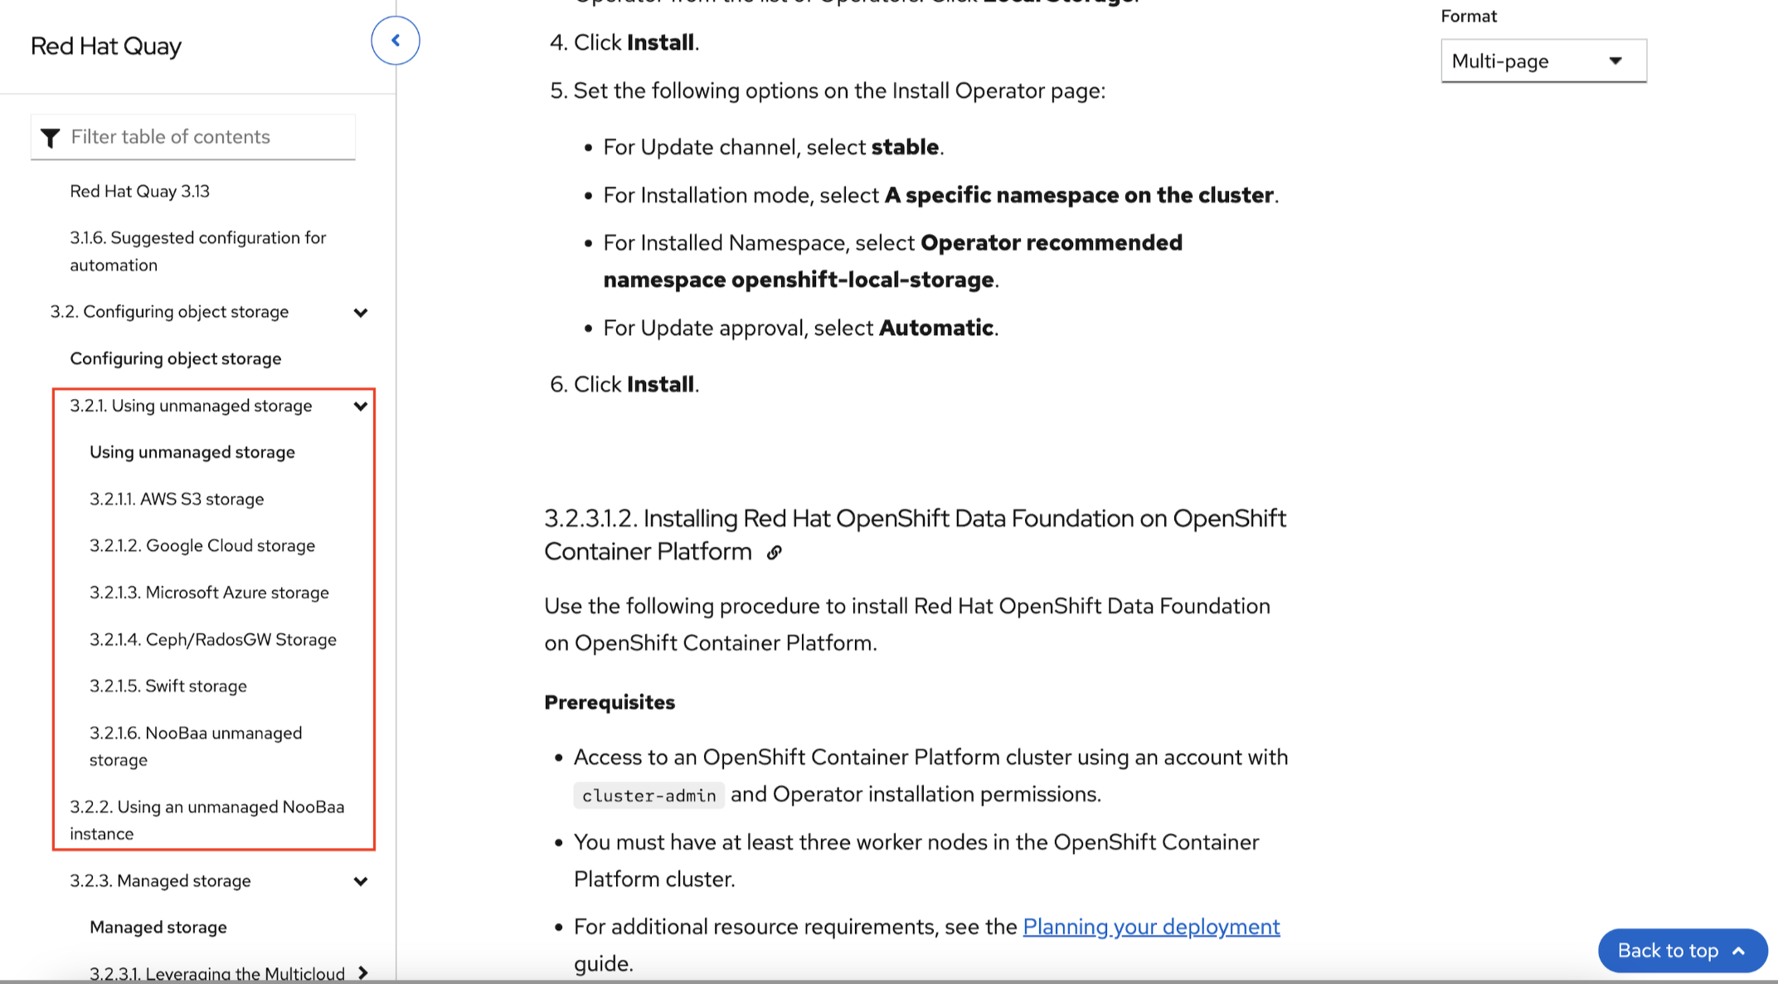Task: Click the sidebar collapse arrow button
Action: pos(396,41)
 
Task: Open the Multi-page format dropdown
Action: pos(1542,61)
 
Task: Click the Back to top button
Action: pos(1681,951)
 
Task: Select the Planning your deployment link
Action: pos(1150,927)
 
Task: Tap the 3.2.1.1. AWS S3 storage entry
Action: pos(177,499)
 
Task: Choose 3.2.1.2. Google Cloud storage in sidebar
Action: pos(202,546)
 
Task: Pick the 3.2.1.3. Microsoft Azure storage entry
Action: pos(209,593)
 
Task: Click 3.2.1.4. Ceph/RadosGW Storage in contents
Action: pos(213,640)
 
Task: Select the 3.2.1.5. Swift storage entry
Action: pos(168,686)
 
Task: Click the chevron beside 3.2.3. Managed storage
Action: pos(361,881)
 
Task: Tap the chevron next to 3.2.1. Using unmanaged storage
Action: pos(361,407)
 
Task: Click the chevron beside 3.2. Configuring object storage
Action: pos(361,313)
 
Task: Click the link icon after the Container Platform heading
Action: pos(774,553)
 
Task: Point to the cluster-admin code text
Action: pos(649,796)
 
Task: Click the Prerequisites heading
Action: pos(610,703)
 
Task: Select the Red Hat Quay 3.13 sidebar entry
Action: pos(139,192)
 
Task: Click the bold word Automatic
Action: pos(935,329)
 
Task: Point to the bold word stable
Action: pos(905,148)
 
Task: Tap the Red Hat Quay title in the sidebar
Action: pos(106,46)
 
